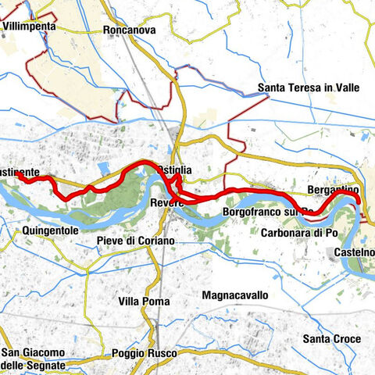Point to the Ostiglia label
click(x=173, y=170)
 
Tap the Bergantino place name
click(x=333, y=191)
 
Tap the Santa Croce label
click(x=332, y=338)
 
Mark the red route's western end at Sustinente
click(x=17, y=177)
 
